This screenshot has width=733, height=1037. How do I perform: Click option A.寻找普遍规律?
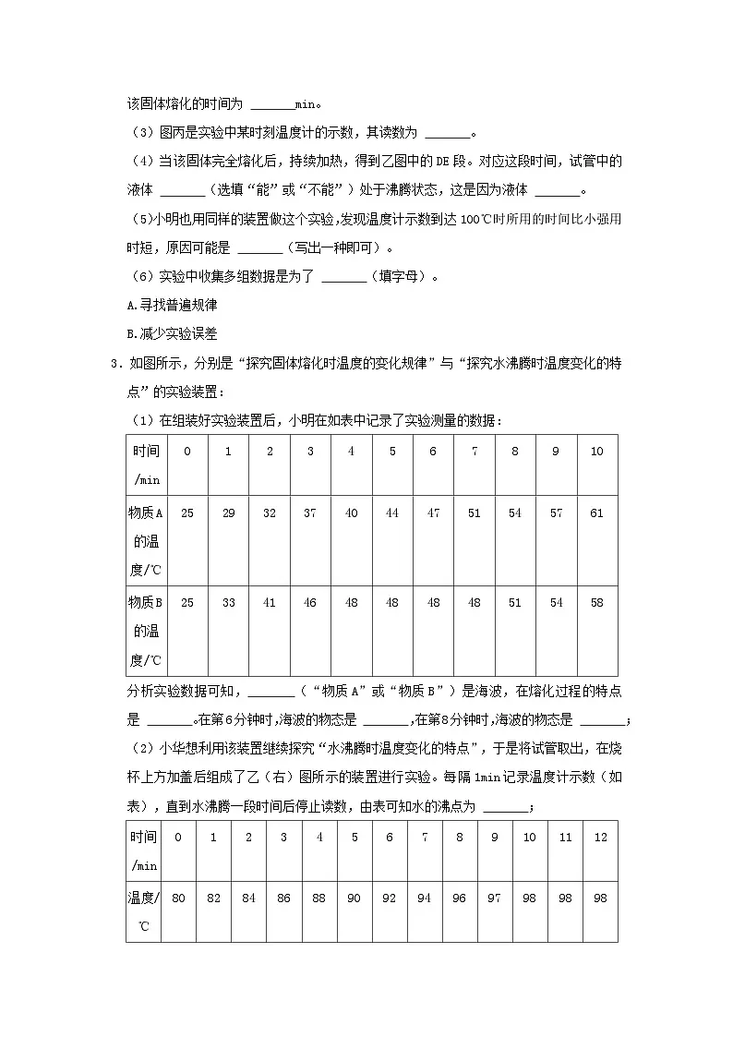pyautogui.click(x=171, y=305)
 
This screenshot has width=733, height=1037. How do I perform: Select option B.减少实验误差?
pyautogui.click(x=171, y=334)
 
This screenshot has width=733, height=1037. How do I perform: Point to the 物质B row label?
pyautogui.click(x=146, y=631)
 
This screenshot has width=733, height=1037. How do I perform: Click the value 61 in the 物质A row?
pyautogui.click(x=596, y=513)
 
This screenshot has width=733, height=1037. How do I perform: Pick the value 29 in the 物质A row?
pyautogui.click(x=228, y=513)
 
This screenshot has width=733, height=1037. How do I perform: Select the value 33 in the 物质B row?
pyautogui.click(x=228, y=603)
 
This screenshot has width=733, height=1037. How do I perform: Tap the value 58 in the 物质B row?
pyautogui.click(x=596, y=603)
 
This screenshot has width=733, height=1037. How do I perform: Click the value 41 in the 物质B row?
pyautogui.click(x=270, y=603)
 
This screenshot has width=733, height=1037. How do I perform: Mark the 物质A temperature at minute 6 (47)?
pyautogui.click(x=433, y=513)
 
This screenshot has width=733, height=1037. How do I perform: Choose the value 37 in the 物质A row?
pyautogui.click(x=310, y=513)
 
